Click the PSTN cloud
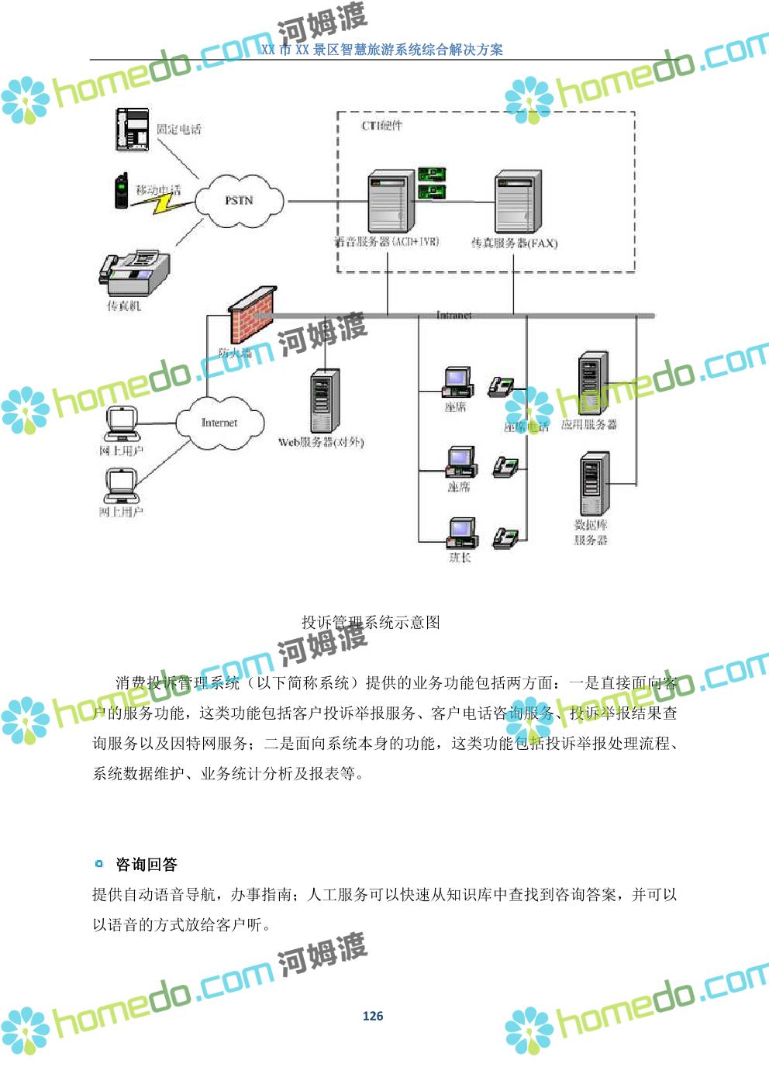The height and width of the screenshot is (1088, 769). [239, 200]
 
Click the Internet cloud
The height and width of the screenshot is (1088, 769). [219, 423]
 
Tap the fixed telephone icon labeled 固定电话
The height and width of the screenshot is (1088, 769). [133, 130]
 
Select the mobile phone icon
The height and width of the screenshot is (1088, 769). [122, 191]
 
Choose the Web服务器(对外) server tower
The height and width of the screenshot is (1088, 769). [324, 401]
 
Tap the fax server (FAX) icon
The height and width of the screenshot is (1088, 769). [516, 202]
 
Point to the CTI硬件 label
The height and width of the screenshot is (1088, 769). [382, 126]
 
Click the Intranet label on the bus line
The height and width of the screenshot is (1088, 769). [453, 315]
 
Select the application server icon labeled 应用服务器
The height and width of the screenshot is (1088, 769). [593, 384]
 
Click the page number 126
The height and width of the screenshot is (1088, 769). [373, 1016]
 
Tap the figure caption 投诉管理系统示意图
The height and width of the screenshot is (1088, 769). [371, 622]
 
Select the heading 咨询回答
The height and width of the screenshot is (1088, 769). [147, 864]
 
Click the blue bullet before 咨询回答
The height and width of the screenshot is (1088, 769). [98, 863]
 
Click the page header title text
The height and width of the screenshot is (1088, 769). [382, 50]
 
